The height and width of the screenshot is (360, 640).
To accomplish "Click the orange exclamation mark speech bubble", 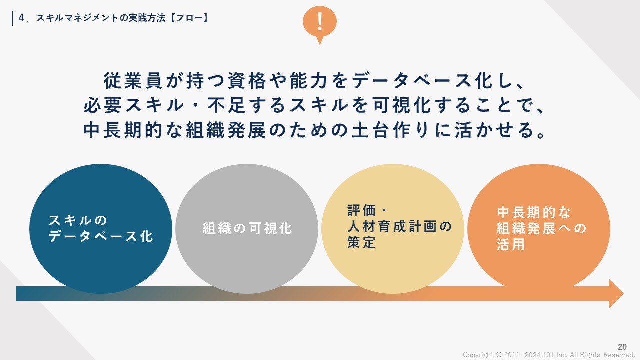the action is [x=319, y=23].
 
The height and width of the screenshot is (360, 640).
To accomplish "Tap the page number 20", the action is [x=622, y=347].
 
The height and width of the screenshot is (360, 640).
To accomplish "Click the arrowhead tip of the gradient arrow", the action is [x=623, y=293].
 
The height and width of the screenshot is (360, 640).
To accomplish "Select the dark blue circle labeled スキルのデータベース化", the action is [x=101, y=229].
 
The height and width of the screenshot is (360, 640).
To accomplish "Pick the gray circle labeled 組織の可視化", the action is [x=247, y=229].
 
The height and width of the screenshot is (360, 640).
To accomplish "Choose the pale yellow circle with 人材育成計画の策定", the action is [x=393, y=229].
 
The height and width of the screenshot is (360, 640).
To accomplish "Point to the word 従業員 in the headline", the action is [x=133, y=81].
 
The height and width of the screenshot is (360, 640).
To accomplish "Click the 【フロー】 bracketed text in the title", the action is [x=189, y=18].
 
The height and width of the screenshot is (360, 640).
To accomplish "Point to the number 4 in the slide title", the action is [x=21, y=18].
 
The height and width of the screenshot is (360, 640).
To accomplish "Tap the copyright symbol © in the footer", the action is [x=499, y=355].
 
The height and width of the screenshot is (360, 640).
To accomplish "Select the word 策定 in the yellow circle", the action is [x=361, y=242].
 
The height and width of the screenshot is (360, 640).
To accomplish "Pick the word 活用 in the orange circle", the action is [x=511, y=244].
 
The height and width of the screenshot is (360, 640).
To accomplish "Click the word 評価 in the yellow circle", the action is [x=361, y=210].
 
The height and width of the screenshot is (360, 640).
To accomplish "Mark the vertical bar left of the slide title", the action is [x=12, y=18].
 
